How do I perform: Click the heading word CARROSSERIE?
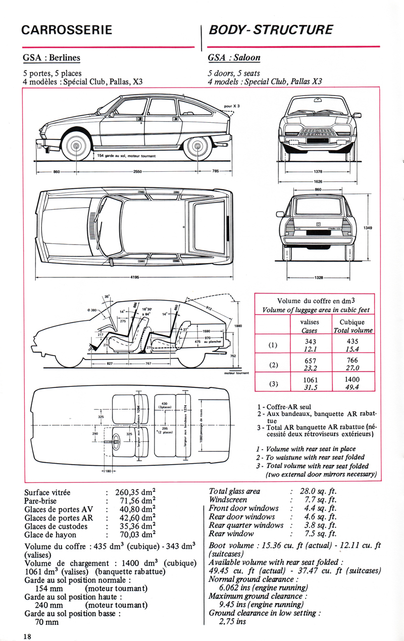67,30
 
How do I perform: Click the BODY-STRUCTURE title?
271,30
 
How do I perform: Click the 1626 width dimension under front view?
319,180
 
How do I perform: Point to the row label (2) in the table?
273,364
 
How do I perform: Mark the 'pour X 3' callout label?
231,106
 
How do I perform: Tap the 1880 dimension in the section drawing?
238,326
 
